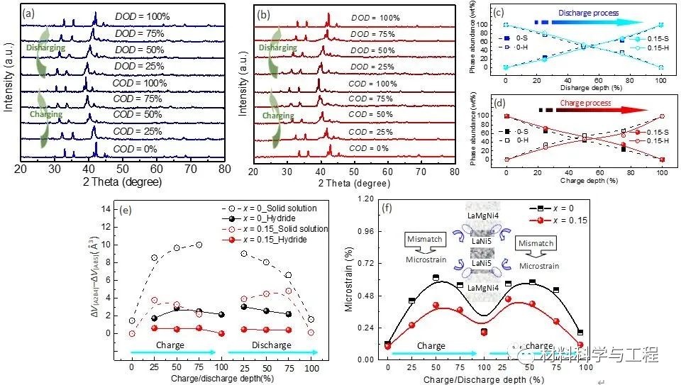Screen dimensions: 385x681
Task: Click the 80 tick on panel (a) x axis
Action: pyautogui.click(x=224, y=171)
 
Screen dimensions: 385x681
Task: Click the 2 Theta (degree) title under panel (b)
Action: pyautogui.click(x=352, y=183)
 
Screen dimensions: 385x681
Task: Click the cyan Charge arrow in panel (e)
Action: pyautogui.click(x=173, y=352)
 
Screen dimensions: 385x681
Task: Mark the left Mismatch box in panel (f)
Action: pyautogui.click(x=426, y=240)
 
